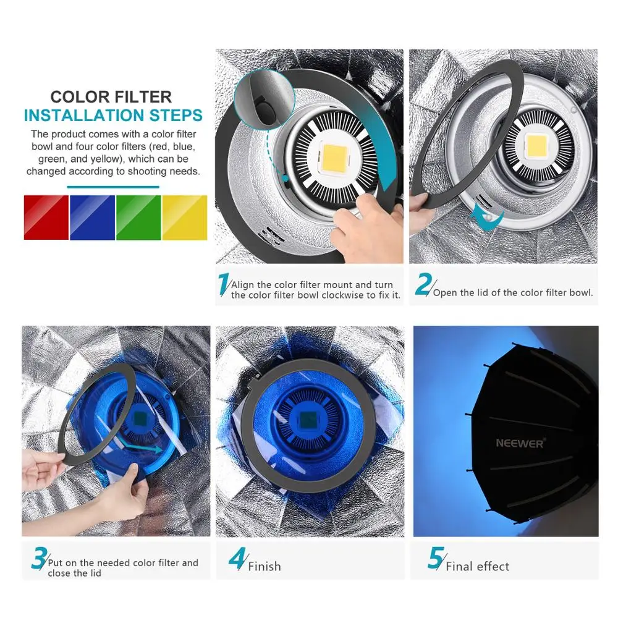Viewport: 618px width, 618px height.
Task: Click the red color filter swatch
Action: [46, 218]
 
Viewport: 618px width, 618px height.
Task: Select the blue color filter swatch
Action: [92, 218]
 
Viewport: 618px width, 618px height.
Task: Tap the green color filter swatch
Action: [138, 218]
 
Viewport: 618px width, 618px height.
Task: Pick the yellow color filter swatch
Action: [185, 218]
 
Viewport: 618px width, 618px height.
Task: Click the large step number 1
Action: [224, 284]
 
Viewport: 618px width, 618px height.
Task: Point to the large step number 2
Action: [423, 284]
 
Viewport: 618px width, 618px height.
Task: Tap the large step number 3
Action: [39, 558]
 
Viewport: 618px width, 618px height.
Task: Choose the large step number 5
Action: [436, 558]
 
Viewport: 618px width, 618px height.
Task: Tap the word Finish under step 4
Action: [265, 567]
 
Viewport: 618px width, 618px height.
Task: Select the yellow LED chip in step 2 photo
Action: [536, 146]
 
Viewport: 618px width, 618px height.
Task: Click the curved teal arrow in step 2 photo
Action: [488, 216]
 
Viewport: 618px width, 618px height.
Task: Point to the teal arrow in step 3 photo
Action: [143, 446]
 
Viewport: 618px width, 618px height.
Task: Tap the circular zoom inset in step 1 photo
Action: [264, 99]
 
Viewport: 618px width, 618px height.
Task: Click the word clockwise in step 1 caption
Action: [345, 295]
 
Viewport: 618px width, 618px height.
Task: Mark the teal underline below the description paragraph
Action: [113, 187]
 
